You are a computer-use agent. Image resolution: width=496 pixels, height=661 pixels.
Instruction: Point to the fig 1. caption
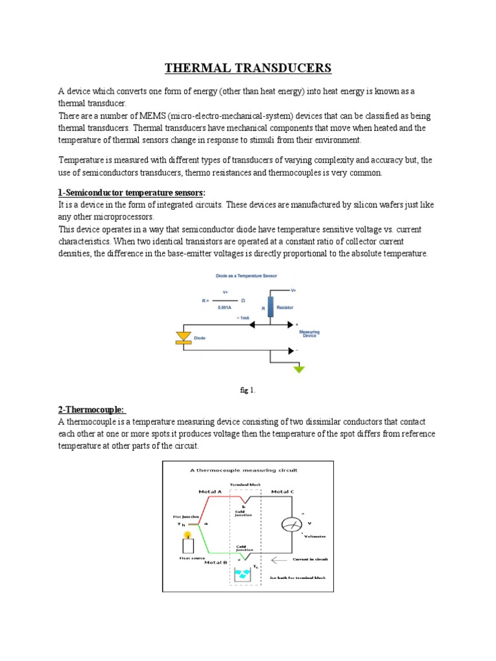coord(247,390)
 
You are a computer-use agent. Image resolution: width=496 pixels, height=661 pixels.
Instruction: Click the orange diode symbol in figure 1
coord(185,337)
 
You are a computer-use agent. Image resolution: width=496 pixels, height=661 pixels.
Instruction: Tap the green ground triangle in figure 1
coord(298,369)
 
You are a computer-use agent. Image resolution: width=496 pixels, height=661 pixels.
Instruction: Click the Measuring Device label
coord(309,334)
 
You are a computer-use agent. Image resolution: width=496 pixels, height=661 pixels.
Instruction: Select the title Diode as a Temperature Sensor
coord(237,276)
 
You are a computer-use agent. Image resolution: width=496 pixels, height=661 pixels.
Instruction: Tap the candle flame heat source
coord(187,534)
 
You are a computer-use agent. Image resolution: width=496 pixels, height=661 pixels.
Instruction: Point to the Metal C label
coord(282,492)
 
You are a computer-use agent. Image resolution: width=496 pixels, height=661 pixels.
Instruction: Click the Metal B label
coord(215,562)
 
